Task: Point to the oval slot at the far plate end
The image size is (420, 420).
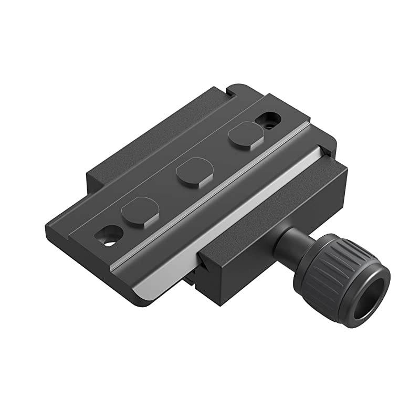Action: (x=268, y=120)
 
